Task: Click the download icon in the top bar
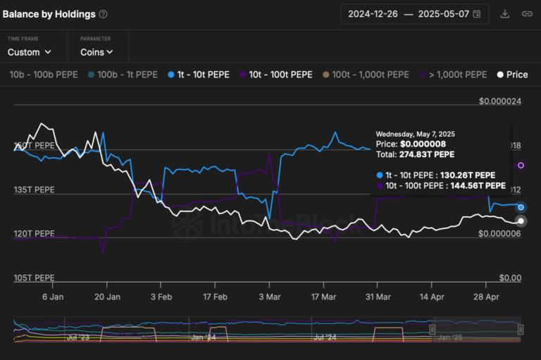[504, 13]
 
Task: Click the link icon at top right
[527, 13]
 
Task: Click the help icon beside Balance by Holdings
[104, 14]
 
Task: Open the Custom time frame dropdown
[30, 52]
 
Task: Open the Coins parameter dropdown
[97, 52]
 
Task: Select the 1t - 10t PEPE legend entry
[199, 75]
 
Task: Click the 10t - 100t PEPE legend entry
[275, 75]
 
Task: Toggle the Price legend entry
[512, 75]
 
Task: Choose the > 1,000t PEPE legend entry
[454, 75]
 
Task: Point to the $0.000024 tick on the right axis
[499, 101]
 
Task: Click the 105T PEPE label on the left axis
[34, 278]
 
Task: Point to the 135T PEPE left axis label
[34, 190]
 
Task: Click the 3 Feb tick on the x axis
[161, 297]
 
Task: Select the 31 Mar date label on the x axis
[378, 297]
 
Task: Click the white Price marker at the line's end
[521, 221]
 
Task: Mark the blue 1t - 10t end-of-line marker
[521, 207]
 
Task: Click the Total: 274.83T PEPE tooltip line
[415, 154]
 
